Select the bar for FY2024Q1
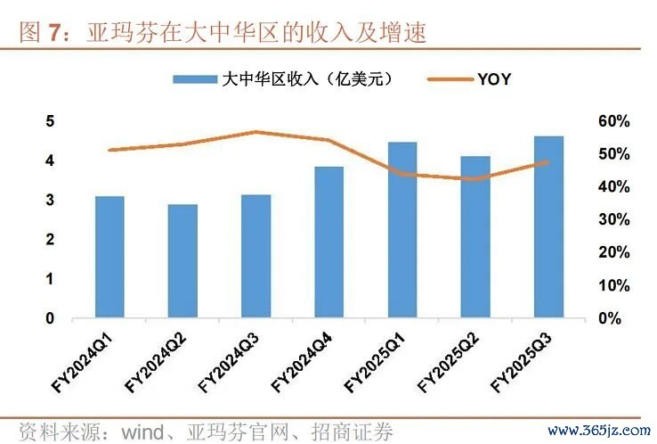tap(109, 257)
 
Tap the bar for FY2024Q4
tap(328, 242)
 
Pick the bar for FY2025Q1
tap(401, 229)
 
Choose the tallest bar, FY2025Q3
tap(548, 226)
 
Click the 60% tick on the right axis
tap(612, 121)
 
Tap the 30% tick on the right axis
tap(612, 219)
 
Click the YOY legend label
tap(494, 79)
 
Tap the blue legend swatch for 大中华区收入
tap(193, 79)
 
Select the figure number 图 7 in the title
tap(42, 35)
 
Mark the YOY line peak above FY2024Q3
tap(255, 132)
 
